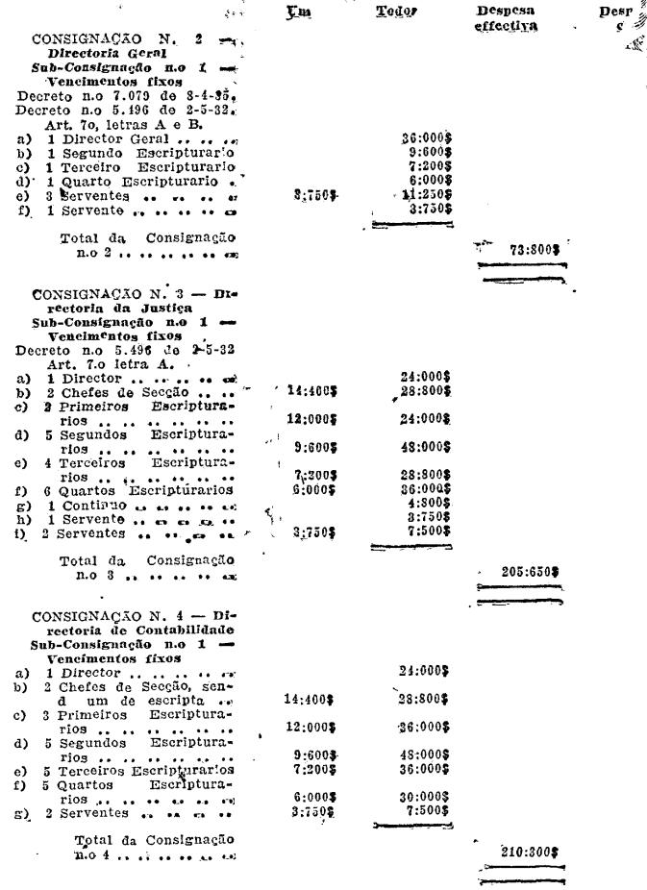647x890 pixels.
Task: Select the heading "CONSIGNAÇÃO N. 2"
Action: point(120,39)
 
